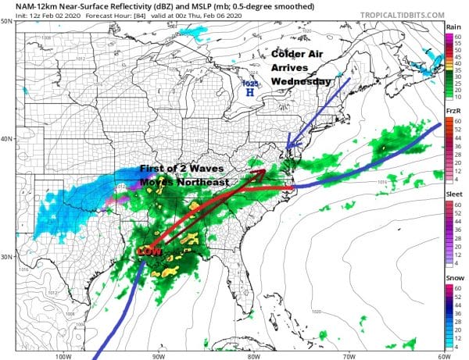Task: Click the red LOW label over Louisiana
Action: tap(149, 252)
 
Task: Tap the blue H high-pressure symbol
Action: tap(249, 92)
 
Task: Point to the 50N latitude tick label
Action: tap(7, 22)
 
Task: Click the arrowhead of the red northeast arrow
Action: tap(263, 173)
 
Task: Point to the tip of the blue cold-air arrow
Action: tap(288, 147)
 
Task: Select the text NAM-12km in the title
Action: tap(27, 5)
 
